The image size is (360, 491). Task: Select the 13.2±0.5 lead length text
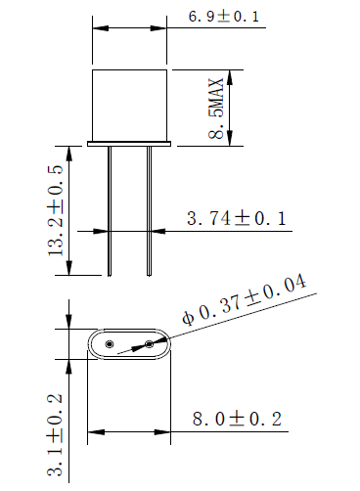56,210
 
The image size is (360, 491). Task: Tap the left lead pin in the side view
110,210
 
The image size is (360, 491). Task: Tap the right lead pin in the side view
149,210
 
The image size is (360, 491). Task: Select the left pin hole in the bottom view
110,345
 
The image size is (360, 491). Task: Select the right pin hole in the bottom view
149,344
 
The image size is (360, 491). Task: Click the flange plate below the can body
129,145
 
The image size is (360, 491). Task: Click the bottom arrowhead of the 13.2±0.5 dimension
69,271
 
